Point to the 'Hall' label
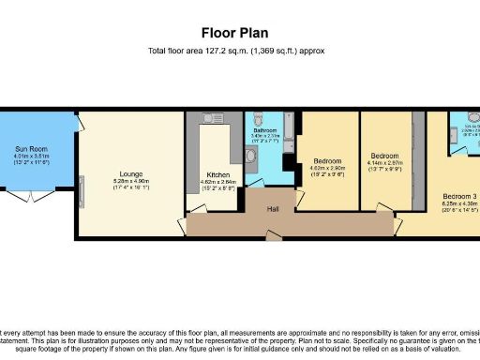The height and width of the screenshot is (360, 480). (274, 208)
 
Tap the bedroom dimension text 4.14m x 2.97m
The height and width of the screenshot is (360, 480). (384, 165)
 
